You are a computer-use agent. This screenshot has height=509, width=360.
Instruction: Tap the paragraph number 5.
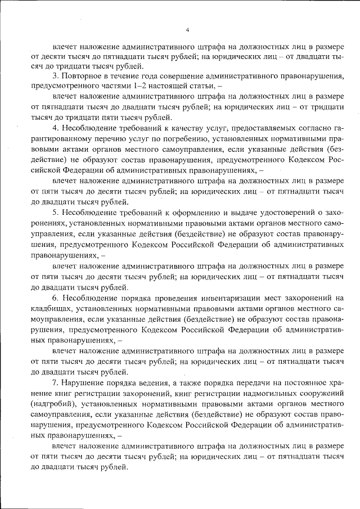[x=56, y=211]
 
